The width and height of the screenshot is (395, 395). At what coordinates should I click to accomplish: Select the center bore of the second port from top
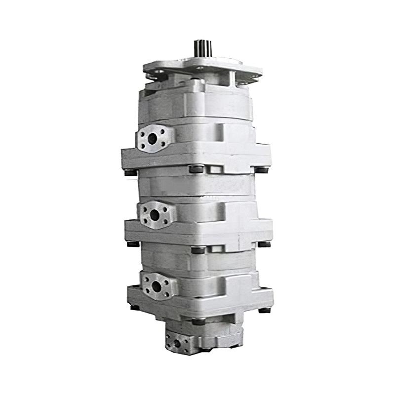155,215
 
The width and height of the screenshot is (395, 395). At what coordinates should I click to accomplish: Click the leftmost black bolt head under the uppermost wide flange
131,172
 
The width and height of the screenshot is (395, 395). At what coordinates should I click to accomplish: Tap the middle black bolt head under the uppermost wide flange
196,168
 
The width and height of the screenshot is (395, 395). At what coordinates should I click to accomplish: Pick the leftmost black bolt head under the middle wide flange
133,243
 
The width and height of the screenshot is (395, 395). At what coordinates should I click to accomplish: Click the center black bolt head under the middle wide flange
197,250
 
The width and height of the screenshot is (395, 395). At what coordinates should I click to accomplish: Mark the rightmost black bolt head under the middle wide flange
265,244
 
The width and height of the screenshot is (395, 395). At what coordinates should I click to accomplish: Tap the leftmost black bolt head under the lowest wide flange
134,307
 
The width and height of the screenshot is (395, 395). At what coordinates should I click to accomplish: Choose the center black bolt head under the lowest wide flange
198,321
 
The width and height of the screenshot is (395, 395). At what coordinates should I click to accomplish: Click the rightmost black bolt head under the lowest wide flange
265,310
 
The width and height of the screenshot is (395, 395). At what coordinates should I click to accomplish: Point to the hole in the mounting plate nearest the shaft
199,68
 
